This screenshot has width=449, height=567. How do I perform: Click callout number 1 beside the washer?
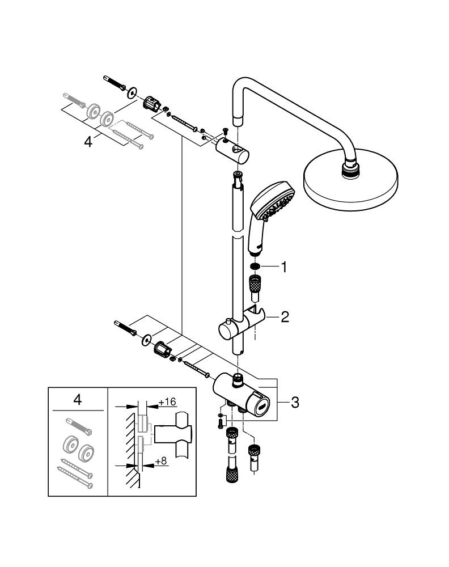click(x=281, y=266)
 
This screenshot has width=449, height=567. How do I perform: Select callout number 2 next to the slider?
click(x=284, y=317)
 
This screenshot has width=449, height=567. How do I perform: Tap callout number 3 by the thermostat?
click(x=294, y=403)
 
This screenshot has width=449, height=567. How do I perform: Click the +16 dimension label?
click(x=167, y=402)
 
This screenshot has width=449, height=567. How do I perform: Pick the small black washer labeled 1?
click(x=255, y=266)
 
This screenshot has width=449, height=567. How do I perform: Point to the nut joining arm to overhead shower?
click(x=349, y=167)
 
